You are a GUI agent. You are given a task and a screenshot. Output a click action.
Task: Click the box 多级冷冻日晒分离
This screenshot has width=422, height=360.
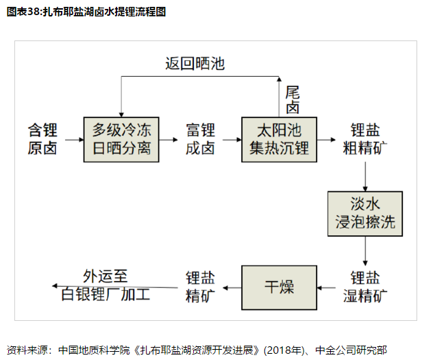[x=122, y=139]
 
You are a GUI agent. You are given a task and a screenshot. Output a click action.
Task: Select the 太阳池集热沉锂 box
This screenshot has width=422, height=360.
[x=279, y=139]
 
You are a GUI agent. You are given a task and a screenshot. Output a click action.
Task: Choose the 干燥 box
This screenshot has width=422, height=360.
[x=279, y=286]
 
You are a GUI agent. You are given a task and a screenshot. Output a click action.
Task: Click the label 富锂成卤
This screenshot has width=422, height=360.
[x=200, y=139]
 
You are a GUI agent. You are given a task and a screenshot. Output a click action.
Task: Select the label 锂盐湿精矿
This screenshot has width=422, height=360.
[x=366, y=286]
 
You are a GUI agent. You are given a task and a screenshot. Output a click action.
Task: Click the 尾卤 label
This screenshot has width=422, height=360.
[x=293, y=100]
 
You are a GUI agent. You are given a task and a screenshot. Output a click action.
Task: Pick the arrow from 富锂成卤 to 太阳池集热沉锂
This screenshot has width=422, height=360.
[x=230, y=139]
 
